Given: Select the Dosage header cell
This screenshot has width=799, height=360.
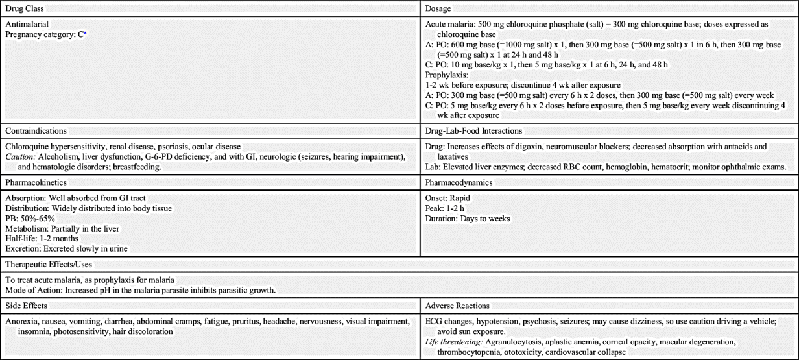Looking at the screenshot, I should [x=438, y=8].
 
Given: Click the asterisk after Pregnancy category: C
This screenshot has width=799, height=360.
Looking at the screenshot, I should [x=84, y=32].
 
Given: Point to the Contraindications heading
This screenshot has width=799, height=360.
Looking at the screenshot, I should [x=36, y=131].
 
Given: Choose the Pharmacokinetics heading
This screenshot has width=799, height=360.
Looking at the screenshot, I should [x=35, y=184].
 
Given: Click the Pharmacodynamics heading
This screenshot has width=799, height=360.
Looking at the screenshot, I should [x=458, y=184].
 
